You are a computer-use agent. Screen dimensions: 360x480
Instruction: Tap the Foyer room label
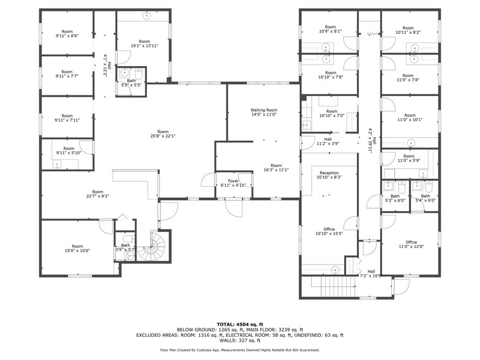point(233,181)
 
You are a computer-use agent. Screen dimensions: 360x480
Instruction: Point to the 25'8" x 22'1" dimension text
point(162,136)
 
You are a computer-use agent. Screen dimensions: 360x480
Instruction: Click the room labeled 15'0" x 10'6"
point(77,248)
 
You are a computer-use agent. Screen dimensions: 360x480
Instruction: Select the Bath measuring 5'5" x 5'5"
point(131,83)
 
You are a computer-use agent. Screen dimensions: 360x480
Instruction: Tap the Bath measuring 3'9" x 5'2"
point(125,247)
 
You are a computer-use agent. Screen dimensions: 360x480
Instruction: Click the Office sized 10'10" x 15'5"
point(329,231)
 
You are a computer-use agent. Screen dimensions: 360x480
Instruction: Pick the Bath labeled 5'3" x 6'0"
point(395,198)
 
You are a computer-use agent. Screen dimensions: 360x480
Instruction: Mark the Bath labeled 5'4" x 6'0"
point(425,198)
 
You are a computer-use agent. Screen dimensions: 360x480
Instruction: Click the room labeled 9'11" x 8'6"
point(67,33)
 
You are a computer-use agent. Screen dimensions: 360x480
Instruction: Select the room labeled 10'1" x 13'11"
point(145,43)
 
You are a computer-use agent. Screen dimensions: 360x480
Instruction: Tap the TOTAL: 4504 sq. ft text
point(239,324)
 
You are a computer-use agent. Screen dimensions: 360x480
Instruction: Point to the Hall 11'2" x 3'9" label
point(328,141)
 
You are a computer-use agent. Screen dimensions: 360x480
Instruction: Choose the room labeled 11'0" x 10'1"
point(410,118)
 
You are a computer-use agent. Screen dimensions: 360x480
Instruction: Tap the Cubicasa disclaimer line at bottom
point(239,350)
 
